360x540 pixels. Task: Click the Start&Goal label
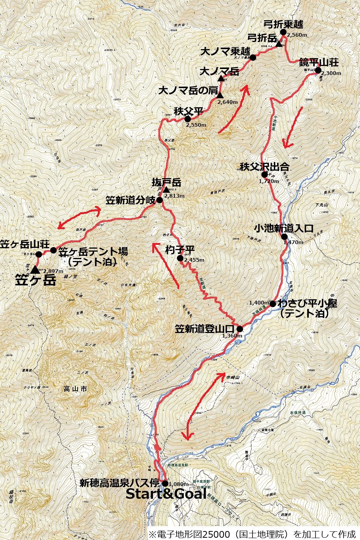pyautogui.click(x=166, y=494)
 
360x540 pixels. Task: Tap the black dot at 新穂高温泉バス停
pyautogui.click(x=165, y=483)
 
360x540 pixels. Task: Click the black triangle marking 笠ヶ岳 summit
pyautogui.click(x=35, y=269)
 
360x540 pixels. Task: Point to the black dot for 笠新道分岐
pyautogui.click(x=159, y=200)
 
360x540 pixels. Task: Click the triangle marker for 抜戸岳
pyautogui.click(x=166, y=190)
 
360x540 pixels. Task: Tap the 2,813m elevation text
pyautogui.click(x=174, y=196)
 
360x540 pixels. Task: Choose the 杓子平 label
pyautogui.click(x=180, y=250)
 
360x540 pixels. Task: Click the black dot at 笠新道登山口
pyautogui.click(x=240, y=329)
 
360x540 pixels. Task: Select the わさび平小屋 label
pyautogui.click(x=307, y=303)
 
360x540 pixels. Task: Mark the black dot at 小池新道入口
pyautogui.click(x=284, y=237)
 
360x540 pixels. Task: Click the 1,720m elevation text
pyautogui.click(x=269, y=181)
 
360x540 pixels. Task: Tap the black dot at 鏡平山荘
pyautogui.click(x=318, y=70)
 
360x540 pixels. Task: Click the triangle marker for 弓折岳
pyautogui.click(x=279, y=44)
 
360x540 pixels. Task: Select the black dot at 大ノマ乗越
pyautogui.click(x=253, y=57)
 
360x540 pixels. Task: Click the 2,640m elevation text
pyautogui.click(x=228, y=102)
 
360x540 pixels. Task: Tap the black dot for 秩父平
pyautogui.click(x=187, y=119)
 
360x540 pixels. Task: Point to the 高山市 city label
pyautogui.click(x=75, y=389)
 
